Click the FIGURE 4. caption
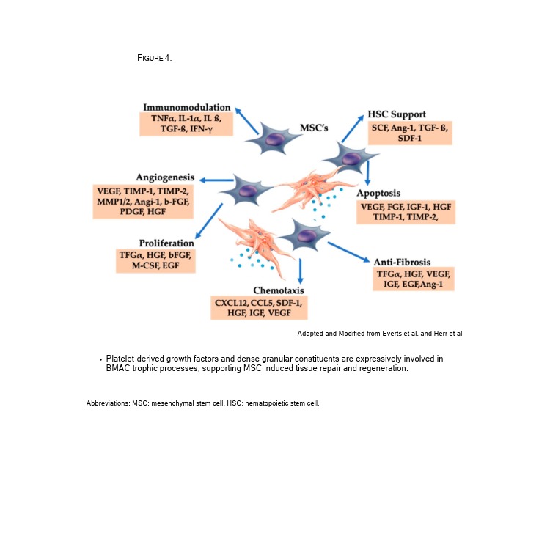(154, 58)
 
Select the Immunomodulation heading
(187, 107)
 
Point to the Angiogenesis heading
(165, 177)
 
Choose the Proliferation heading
(166, 243)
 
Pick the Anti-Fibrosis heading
(402, 262)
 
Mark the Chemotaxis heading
(259, 290)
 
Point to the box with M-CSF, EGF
(156, 260)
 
